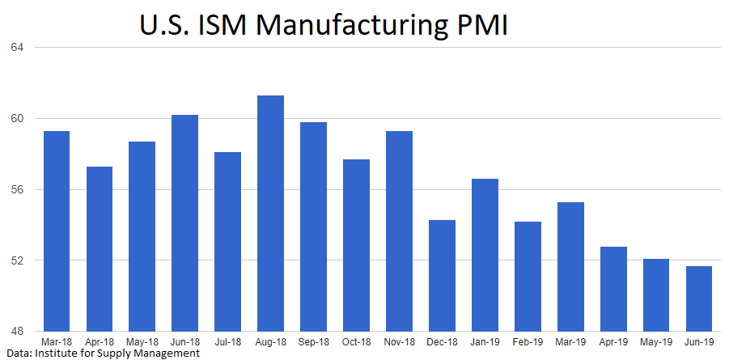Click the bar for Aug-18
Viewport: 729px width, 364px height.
coord(270,214)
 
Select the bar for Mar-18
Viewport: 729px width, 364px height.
coord(56,231)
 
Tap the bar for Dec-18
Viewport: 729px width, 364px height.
coord(442,276)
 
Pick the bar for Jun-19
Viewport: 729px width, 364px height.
coord(699,298)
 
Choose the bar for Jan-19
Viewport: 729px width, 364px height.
coord(485,255)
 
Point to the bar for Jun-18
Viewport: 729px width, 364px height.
coord(184,223)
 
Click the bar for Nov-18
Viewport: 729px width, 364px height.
coord(399,231)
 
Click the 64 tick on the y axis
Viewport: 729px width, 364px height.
coord(17,47)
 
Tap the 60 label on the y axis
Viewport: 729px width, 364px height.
coord(17,118)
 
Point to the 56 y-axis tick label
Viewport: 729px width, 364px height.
coord(17,189)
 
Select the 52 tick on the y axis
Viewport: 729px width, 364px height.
coord(17,260)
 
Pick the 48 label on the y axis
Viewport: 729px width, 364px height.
coord(17,332)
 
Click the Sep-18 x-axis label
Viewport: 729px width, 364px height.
coord(313,342)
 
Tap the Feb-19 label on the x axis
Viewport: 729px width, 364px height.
coord(528,342)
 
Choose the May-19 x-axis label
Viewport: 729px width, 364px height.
coord(656,342)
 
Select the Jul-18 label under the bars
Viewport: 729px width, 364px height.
coord(227,342)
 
